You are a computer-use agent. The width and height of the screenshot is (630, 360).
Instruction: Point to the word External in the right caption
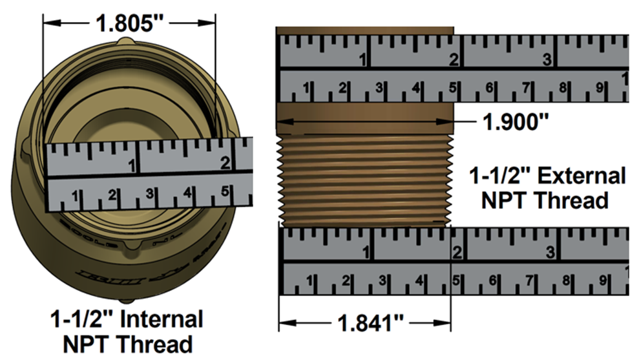click(x=582, y=176)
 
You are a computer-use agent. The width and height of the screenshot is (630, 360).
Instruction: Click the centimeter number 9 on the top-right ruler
click(x=599, y=87)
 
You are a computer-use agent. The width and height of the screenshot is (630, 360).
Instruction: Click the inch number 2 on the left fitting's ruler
click(x=225, y=163)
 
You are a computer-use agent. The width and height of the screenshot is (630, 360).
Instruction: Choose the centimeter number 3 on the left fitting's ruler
click(x=149, y=194)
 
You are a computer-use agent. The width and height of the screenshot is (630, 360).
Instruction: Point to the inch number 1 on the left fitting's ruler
click(x=132, y=166)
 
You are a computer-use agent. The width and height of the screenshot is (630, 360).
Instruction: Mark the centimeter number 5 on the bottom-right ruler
click(x=456, y=281)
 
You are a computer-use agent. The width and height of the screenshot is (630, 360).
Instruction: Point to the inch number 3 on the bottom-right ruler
click(x=550, y=251)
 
